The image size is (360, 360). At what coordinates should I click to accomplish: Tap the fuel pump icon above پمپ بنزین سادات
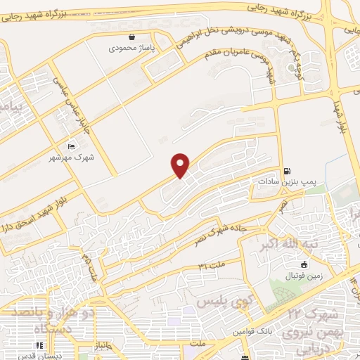pyautogui.click(x=287, y=171)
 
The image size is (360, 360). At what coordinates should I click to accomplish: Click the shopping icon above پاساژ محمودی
pyautogui.click(x=131, y=37)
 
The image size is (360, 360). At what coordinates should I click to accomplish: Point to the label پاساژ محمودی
pyautogui.click(x=131, y=49)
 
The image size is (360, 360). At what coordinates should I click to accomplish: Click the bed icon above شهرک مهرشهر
pyautogui.click(x=72, y=146)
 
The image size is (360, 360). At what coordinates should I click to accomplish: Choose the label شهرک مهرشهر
pyautogui.click(x=73, y=157)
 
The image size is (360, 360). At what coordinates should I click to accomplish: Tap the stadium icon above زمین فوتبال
pyautogui.click(x=304, y=264)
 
